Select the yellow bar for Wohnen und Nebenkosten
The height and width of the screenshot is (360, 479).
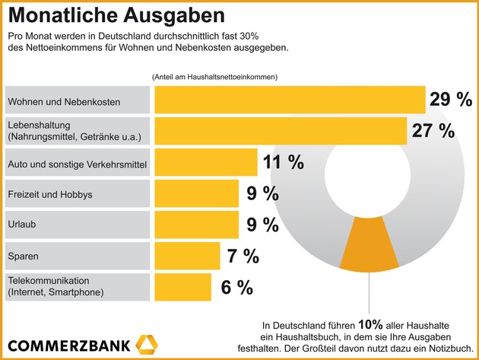(x=290, y=100)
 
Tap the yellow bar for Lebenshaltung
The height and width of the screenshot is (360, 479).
(x=281, y=130)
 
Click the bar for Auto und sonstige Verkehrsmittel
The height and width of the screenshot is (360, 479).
(x=206, y=162)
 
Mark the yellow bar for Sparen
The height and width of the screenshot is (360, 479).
(x=187, y=256)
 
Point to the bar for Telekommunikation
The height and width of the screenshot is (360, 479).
(x=182, y=287)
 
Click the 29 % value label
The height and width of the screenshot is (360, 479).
(x=451, y=99)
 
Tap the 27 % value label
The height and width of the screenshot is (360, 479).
(x=433, y=130)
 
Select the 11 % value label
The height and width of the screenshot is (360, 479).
(x=283, y=162)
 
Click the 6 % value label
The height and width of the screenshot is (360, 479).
(x=236, y=287)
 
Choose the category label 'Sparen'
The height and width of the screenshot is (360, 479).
(x=23, y=256)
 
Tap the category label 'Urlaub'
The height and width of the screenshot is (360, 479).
(x=22, y=225)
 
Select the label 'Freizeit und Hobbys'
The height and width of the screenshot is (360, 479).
(x=49, y=193)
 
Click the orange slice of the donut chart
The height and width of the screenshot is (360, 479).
(x=370, y=247)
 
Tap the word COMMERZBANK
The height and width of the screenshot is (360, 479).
(x=68, y=343)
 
